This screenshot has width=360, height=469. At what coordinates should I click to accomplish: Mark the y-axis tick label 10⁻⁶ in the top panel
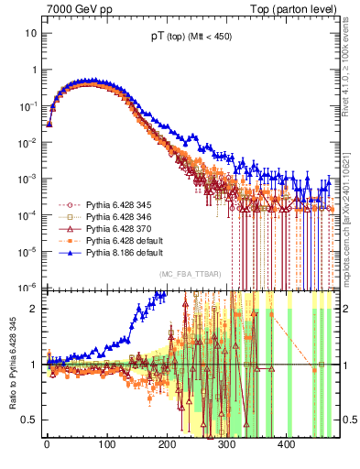tap(28, 287)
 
